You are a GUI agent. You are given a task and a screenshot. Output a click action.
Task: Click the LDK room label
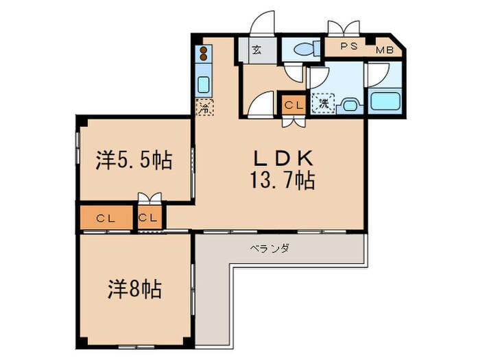283,158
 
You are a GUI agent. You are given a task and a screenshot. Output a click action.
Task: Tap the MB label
384,50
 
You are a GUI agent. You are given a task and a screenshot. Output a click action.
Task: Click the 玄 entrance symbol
254,49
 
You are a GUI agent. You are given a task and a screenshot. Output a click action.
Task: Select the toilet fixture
302,49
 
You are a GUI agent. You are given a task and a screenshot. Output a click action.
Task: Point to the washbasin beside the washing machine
349,105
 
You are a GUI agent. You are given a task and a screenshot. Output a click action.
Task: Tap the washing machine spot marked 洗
321,104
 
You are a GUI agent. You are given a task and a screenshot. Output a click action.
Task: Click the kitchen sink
204,85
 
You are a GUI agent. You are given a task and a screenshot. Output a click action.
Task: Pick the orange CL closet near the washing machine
293,105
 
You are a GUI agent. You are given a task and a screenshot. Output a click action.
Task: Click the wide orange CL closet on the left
106,219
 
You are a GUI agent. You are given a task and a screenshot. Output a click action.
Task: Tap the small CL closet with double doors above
149,219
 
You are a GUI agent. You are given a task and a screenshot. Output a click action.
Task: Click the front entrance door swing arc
262,23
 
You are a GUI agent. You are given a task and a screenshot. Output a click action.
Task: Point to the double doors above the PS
343,28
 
